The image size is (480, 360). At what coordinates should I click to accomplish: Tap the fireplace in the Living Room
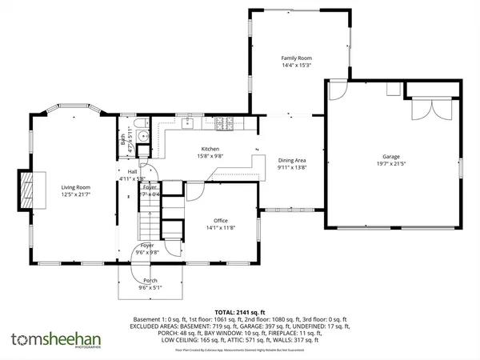click(x=28, y=188)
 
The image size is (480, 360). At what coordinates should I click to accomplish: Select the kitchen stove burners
click(x=222, y=123)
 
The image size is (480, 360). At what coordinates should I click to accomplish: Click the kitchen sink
click(x=190, y=124)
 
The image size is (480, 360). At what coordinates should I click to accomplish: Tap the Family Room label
click(x=295, y=58)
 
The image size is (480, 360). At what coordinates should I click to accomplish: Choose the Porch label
click(x=150, y=281)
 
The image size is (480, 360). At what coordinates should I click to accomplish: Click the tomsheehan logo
click(x=48, y=338)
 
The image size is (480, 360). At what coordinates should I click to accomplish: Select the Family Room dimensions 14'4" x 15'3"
click(x=295, y=66)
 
